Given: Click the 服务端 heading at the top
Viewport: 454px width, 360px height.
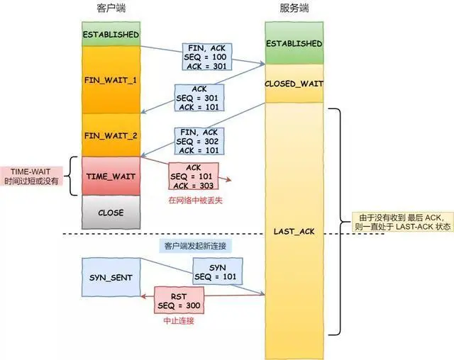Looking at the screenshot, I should point(294,9).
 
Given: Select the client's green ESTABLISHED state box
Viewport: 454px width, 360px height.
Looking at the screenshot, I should point(110,34).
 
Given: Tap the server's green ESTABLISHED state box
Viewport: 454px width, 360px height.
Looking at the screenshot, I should point(294,43).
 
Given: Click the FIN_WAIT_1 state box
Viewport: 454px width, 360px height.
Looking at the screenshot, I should point(110,79).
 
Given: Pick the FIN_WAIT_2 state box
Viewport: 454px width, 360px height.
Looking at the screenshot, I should point(110,134).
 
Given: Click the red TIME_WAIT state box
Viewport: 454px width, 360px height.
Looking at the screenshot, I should point(110,174).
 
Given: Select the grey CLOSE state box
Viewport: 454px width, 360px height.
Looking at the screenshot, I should point(110,212).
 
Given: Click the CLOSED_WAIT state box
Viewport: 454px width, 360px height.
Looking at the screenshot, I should point(294,84).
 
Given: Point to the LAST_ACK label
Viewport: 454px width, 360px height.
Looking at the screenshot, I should point(294,232).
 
